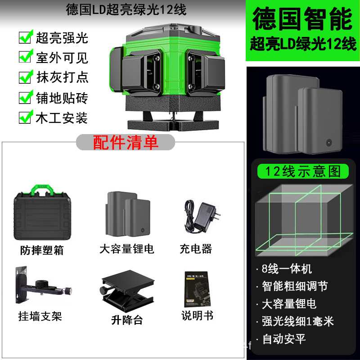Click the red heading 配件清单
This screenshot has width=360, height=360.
126,142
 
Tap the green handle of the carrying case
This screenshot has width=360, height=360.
42,189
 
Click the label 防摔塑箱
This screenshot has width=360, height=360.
42,250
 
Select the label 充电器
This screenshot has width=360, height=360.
196,249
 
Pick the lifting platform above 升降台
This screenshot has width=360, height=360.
127,290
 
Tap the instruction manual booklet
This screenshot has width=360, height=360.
197,289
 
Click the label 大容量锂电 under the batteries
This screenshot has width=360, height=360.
127,249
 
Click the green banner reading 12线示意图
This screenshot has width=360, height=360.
303,171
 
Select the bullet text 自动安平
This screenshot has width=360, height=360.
284,339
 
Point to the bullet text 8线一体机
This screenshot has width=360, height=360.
287,269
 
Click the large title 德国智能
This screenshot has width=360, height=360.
302,19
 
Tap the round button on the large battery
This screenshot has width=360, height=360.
329,143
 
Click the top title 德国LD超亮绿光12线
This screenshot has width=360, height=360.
126,10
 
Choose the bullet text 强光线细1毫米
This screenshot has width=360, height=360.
298,321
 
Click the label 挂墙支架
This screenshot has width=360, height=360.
40,316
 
